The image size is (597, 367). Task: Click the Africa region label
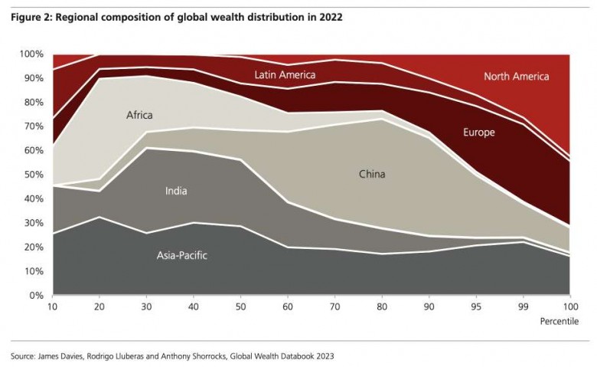139,116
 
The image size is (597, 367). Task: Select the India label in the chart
176,191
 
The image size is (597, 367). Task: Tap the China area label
372,174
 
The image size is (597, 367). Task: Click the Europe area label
479,133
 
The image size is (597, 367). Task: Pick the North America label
517,77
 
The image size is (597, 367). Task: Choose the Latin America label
285,74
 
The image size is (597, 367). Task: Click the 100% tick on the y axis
32,54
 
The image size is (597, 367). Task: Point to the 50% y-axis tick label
34,175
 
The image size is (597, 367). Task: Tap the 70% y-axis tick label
34,126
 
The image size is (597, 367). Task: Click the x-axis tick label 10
54,306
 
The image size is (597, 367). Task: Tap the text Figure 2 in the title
31,17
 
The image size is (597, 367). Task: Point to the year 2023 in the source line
324,356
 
